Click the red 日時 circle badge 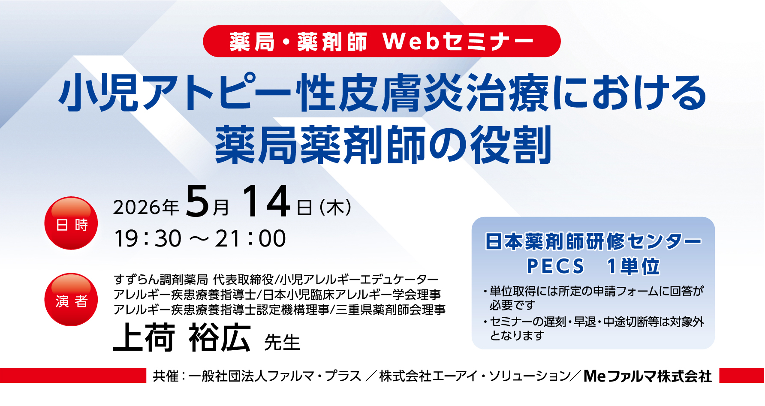pyautogui.click(x=71, y=223)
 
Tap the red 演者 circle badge pyautogui.click(x=71, y=300)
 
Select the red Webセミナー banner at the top pyautogui.click(x=382, y=41)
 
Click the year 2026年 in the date pyautogui.click(x=146, y=208)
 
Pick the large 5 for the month pyautogui.click(x=197, y=201)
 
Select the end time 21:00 pyautogui.click(x=250, y=238)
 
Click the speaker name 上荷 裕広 pyautogui.click(x=182, y=338)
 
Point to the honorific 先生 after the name pyautogui.click(x=282, y=343)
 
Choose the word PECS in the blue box pyautogui.click(x=556, y=266)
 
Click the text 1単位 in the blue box pyautogui.click(x=633, y=266)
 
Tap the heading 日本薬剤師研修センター pyautogui.click(x=593, y=241)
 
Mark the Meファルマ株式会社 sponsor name pyautogui.click(x=648, y=376)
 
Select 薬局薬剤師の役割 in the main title pyautogui.click(x=383, y=145)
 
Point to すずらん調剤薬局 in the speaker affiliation pyautogui.click(x=161, y=280)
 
